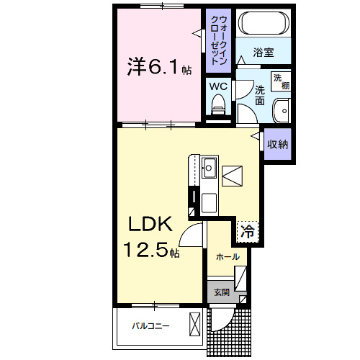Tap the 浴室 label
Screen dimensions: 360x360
coord(264,53)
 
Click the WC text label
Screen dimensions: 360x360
coord(218,86)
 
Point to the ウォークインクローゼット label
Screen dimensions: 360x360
coord(217,40)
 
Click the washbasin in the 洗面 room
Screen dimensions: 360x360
coord(281,111)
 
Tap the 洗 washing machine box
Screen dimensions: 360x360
coord(279,81)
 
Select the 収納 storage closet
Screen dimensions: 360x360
coord(277,144)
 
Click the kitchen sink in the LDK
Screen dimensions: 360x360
coord(210,169)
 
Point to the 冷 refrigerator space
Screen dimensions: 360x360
coord(247,231)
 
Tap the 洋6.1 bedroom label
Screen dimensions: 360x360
coord(154,68)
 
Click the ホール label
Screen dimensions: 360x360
coord(226,256)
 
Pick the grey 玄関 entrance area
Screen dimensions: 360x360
coord(220,293)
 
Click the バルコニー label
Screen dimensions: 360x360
coord(150,326)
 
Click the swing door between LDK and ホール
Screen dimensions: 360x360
coord(192,235)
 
